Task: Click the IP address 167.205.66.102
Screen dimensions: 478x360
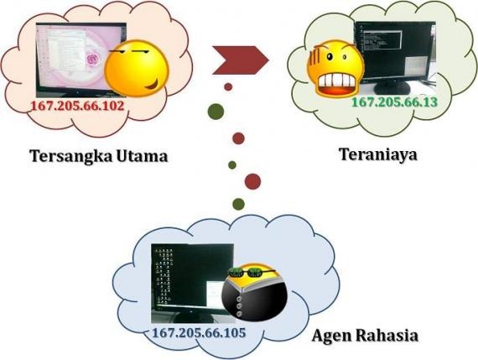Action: [78, 106]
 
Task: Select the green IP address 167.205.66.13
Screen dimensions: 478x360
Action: [394, 102]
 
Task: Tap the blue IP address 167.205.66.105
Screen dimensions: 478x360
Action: [199, 332]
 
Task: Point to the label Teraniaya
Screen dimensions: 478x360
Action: [378, 154]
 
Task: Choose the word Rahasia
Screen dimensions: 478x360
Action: [387, 336]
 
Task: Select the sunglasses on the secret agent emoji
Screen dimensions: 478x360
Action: [252, 272]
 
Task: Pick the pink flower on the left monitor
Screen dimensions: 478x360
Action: [92, 58]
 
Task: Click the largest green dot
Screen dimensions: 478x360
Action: [216, 112]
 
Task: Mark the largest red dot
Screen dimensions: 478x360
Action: [252, 181]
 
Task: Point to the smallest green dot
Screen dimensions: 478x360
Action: [232, 165]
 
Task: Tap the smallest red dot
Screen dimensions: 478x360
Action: [228, 87]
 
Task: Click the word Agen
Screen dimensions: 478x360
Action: [331, 337]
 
